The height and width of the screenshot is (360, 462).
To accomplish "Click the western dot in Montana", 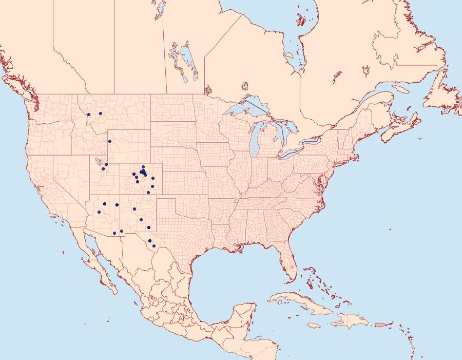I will tap(89, 115).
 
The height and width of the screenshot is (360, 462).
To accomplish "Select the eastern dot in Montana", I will tap(101, 113).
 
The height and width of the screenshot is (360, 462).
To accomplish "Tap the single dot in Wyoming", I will tap(110, 141).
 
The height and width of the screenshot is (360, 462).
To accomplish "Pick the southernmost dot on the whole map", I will tap(153, 247).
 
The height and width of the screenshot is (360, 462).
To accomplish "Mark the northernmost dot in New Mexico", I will tap(134, 209).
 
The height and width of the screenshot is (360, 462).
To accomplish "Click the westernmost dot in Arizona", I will tap(99, 212).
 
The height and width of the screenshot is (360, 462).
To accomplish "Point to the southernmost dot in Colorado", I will tap(148, 193).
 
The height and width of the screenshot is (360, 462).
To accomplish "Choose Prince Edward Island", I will tap(406, 112).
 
